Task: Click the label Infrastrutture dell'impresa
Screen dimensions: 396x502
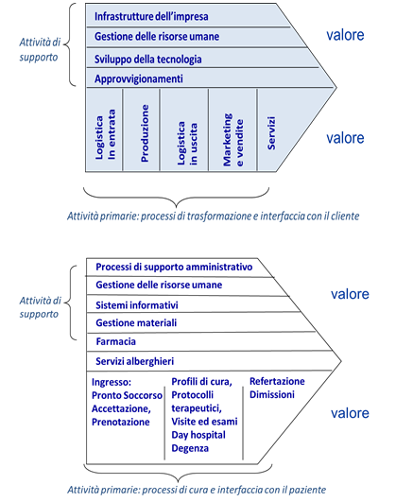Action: point(151,16)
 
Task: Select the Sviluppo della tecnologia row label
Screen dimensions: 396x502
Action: point(147,60)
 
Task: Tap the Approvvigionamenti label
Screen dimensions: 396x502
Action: point(139,79)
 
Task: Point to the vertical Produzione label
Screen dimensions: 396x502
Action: point(145,133)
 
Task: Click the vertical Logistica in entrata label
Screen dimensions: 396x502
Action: point(105,134)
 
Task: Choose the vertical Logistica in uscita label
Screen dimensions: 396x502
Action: point(187,144)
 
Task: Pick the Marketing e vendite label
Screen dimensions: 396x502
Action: point(233,140)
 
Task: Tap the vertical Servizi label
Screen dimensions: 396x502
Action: point(271,133)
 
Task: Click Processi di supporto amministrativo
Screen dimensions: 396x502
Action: point(174,267)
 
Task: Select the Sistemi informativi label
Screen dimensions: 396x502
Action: point(137,305)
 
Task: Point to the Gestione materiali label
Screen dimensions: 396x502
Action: point(136,322)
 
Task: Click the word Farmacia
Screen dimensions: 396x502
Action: point(115,341)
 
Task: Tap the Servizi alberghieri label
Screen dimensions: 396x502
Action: point(135,361)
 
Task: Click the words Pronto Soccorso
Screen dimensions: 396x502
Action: point(127,395)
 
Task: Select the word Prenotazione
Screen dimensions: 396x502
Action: point(121,422)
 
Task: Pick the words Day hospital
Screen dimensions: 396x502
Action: point(198,435)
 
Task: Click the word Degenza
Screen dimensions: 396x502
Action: point(190,448)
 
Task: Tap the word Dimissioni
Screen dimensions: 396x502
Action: point(272,394)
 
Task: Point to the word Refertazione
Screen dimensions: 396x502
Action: point(277,381)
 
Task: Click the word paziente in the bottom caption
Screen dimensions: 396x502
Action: point(307,490)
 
